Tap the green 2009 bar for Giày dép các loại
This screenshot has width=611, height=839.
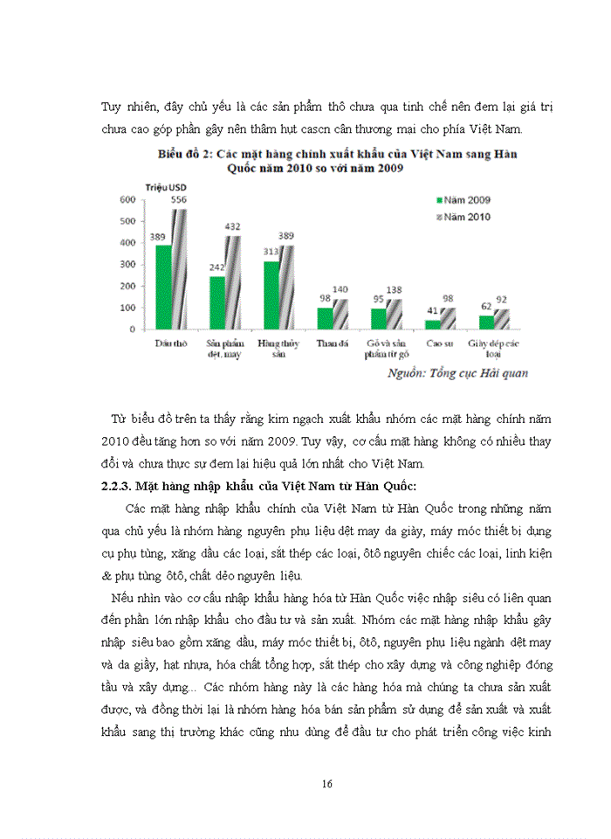[x=486, y=322]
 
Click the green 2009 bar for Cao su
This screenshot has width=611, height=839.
[x=433, y=324]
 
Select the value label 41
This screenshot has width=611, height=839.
[x=432, y=310]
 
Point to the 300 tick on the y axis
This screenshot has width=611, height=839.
[x=126, y=265]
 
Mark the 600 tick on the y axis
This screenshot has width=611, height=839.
[x=126, y=200]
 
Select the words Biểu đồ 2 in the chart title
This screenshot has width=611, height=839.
[x=184, y=154]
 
